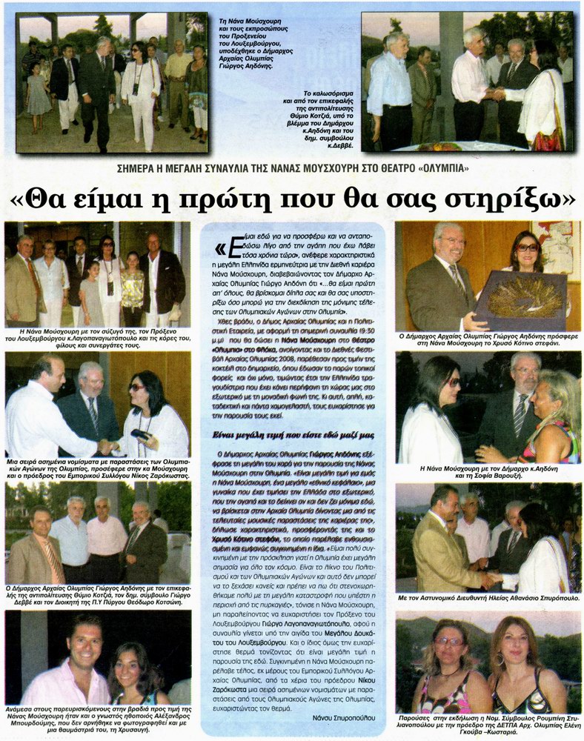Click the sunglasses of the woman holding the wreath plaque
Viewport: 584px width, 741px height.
click(527, 247)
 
